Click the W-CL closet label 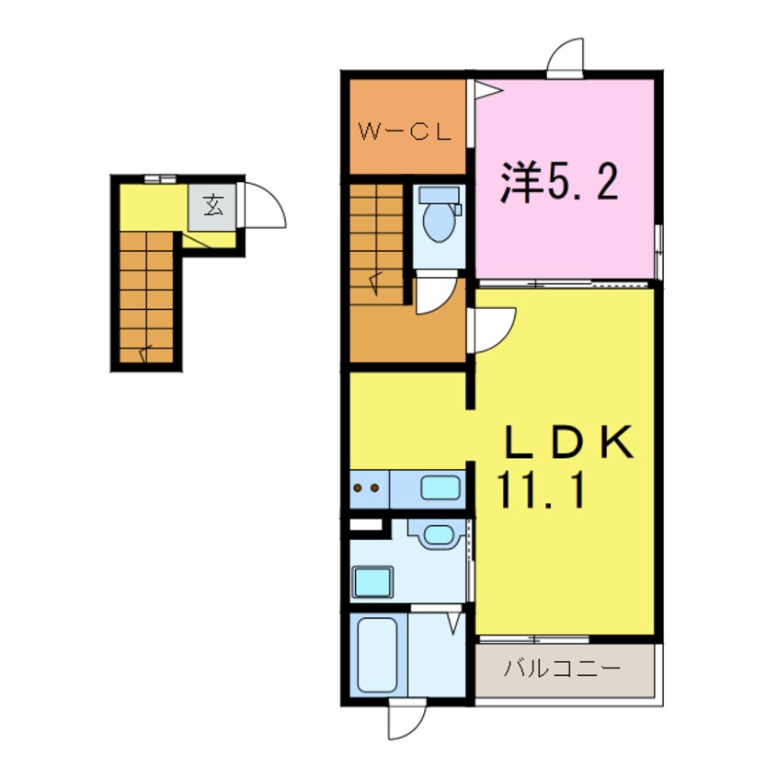404,132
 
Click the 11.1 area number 543,494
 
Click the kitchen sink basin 440,488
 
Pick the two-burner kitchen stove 368,489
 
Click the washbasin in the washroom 438,534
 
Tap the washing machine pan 372,581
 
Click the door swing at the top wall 566,56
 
